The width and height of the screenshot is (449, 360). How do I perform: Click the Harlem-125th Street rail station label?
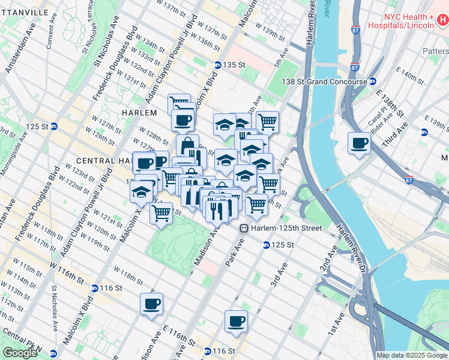tap(281, 228)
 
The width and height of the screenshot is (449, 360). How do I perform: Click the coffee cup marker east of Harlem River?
tap(360, 143)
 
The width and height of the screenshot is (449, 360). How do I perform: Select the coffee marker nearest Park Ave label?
tap(236, 321)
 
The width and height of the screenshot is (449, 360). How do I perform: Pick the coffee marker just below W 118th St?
tap(151, 303)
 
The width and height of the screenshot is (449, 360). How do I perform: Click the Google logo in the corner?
tap(20, 353)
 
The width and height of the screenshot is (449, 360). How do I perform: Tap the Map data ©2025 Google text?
tap(412, 355)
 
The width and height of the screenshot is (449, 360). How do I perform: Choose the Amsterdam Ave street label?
tap(16, 55)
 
